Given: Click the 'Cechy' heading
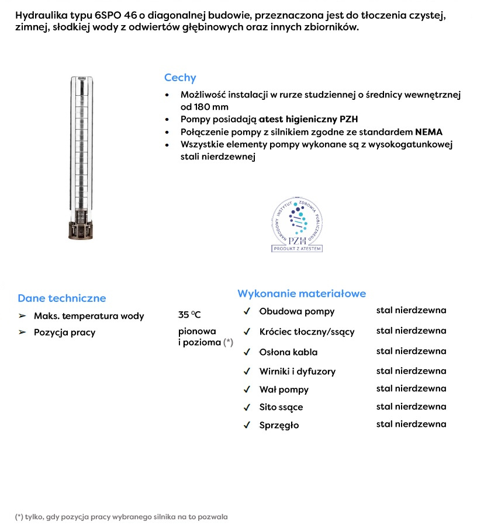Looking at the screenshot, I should click(x=180, y=78).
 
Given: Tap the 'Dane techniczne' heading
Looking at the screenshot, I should click(x=62, y=298).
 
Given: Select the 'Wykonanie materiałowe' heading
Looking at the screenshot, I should click(x=302, y=293).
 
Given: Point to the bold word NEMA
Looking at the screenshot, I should click(x=429, y=131).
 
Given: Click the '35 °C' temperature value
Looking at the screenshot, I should click(x=189, y=315).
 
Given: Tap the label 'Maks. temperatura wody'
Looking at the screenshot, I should click(x=89, y=316).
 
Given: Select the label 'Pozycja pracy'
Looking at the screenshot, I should click(x=64, y=332).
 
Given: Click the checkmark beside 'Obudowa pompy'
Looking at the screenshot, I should click(x=247, y=311).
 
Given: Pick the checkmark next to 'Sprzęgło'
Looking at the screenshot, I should click(x=247, y=425).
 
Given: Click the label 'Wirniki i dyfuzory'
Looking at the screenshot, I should click(x=298, y=371).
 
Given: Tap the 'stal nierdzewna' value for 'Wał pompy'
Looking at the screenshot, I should click(x=411, y=388).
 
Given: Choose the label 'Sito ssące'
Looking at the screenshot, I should click(x=281, y=407).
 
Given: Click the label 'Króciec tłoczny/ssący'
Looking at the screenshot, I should click(x=307, y=332).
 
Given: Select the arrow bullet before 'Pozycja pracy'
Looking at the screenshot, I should click(x=22, y=332).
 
